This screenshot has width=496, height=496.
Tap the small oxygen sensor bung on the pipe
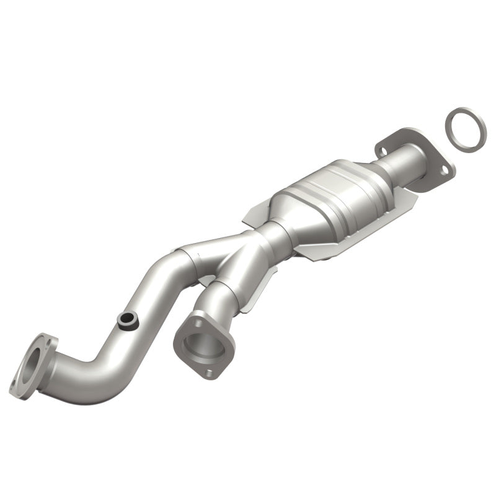tap(127, 320)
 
